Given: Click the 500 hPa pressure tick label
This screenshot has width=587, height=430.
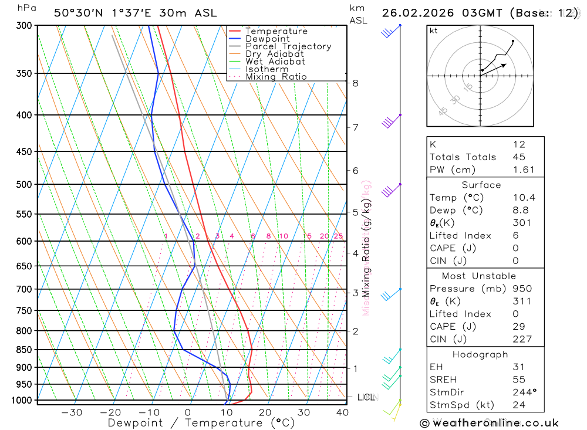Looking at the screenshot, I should click(23, 184).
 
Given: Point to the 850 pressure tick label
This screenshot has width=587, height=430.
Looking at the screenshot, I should click(23, 350).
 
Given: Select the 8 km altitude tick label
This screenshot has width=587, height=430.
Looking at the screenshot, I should click(356, 83).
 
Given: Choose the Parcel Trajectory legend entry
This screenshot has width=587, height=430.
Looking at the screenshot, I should click(288, 46).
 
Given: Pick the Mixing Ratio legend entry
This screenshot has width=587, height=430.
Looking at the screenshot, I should click(276, 77).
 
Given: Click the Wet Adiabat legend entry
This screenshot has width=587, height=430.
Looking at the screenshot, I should click(275, 62).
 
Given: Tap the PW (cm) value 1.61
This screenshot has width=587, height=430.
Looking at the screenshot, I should click(524, 170).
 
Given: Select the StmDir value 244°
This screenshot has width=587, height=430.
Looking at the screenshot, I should click(523, 392).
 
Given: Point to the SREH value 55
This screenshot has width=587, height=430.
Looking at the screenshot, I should click(518, 380).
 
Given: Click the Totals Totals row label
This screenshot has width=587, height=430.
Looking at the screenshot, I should click(463, 157).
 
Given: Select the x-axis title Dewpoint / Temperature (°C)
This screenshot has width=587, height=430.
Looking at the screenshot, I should click(201, 422).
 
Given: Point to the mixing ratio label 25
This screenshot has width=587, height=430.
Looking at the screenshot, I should click(338, 236).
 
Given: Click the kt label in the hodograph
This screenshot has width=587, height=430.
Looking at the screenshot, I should click(434, 31).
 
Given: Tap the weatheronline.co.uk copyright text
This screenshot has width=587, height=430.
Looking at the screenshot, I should click(490, 423).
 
